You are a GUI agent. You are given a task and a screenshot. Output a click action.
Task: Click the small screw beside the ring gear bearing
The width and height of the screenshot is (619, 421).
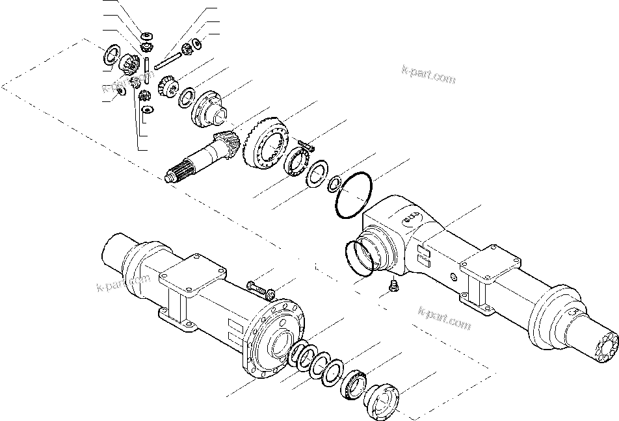pyautogui.click(x=305, y=144)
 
